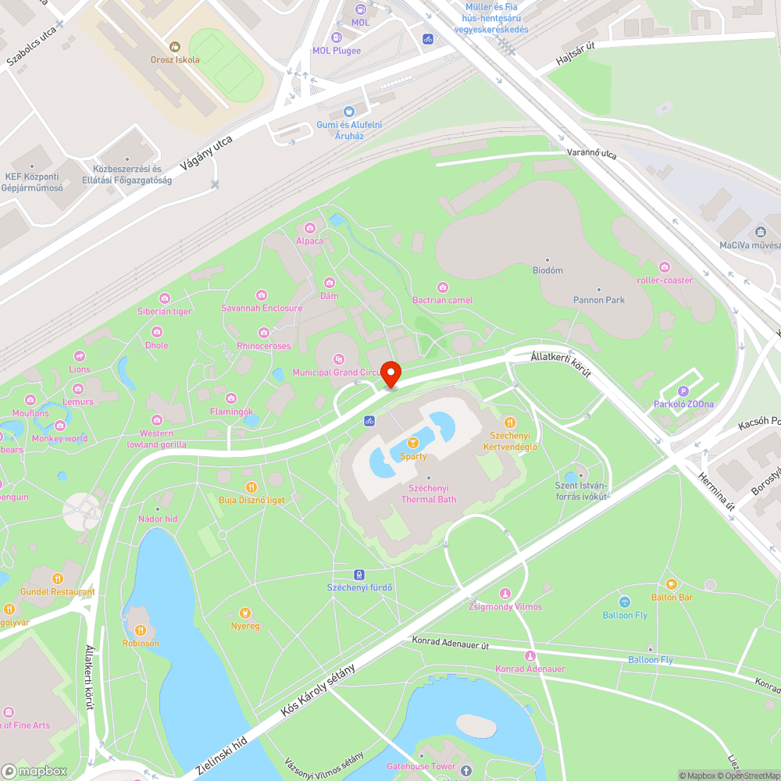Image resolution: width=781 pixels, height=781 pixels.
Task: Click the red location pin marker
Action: [390, 373]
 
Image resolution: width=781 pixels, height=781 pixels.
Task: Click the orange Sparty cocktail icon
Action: [413, 443]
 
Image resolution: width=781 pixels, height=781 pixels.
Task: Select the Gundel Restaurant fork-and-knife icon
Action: [58, 579]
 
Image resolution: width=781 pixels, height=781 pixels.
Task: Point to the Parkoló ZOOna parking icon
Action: [683, 391]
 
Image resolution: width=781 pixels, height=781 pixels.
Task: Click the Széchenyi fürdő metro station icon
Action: [359, 574]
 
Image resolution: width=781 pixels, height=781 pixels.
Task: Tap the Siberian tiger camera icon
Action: [165, 298]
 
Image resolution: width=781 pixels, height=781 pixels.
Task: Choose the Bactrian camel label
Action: [442, 300]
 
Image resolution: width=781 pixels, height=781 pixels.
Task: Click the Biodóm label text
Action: [547, 270]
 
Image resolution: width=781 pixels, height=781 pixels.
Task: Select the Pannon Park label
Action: [599, 299]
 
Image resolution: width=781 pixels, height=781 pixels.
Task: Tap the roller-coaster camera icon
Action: [665, 267]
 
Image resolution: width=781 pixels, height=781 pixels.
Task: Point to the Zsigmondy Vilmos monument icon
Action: [505, 594]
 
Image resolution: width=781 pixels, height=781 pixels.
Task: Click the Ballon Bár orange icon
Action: [672, 584]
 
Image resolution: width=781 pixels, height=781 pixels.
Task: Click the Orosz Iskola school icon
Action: [175, 47]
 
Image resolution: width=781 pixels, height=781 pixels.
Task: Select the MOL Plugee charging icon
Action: [337, 37]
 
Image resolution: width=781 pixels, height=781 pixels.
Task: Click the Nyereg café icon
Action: [245, 612]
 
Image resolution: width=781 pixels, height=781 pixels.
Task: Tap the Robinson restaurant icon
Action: [141, 630]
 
